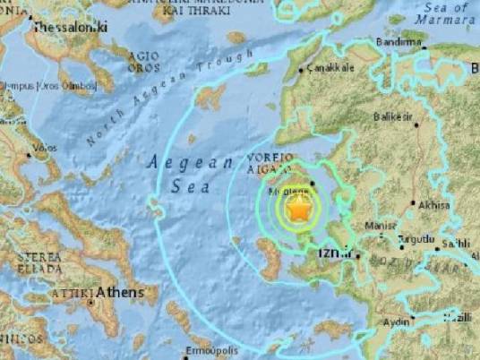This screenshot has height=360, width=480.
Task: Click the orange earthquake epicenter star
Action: (x=300, y=210)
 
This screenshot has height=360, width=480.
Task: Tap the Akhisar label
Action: (x=433, y=205)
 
